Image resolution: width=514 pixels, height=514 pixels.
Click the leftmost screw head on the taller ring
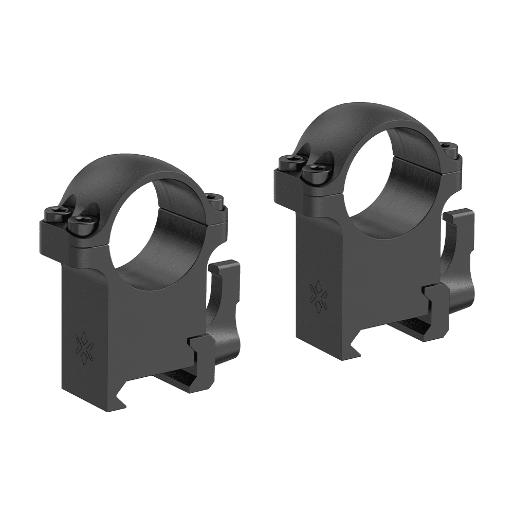[x=288, y=161]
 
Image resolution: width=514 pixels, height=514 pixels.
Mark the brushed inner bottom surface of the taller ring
[x=391, y=211]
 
